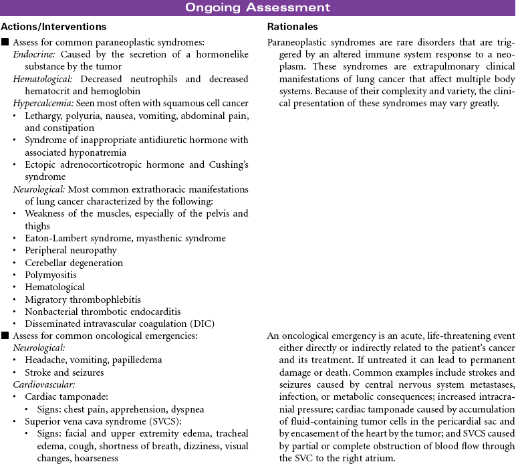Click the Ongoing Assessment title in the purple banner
tap(257, 8)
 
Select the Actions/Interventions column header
tap(53, 27)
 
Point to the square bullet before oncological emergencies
tap(5, 336)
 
